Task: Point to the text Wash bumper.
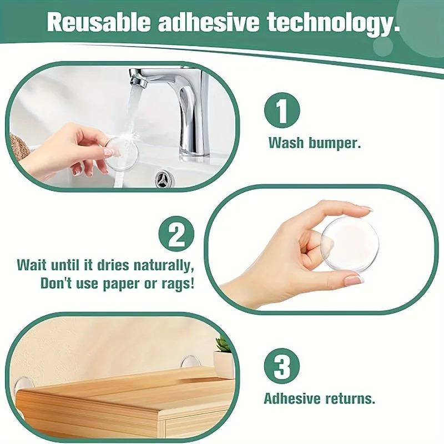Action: tap(315, 143)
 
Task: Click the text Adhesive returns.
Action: tap(319, 398)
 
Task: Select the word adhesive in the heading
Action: tap(208, 22)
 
